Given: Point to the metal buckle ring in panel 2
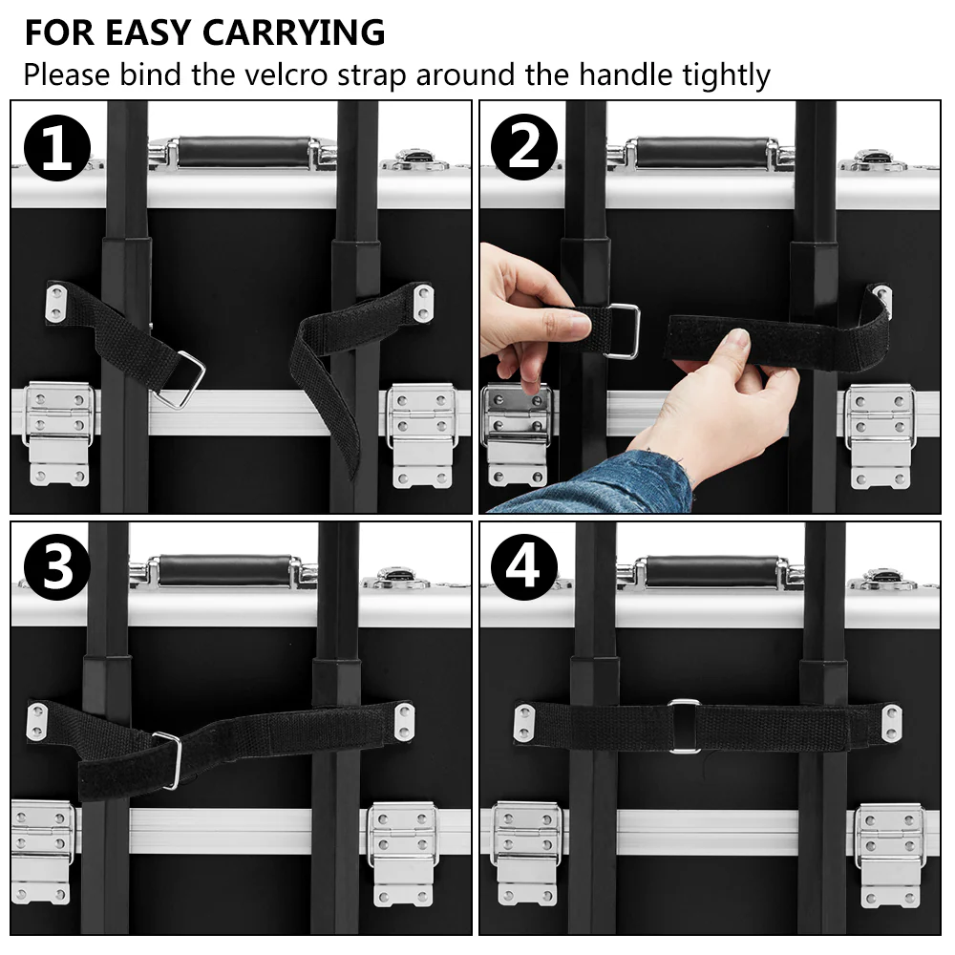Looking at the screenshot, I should coord(622,330).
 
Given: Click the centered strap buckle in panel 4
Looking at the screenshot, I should coord(684,726).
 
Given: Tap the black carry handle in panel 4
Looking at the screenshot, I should coord(711,571).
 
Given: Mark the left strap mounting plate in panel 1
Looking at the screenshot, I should coord(58,304).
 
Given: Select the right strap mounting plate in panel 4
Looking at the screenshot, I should coord(890,723).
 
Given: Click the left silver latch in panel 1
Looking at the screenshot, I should coord(57,430).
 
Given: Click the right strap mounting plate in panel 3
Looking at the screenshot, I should coord(405,721).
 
